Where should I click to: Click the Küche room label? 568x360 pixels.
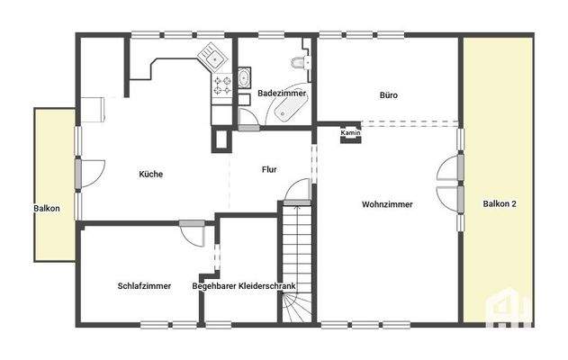click(x=151, y=174)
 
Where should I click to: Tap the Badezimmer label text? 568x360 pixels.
click(x=282, y=94)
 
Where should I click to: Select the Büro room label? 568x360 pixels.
click(x=388, y=94)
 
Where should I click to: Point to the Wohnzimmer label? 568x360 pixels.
click(x=387, y=204)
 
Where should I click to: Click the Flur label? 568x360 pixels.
click(x=269, y=169)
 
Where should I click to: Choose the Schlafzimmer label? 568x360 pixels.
click(x=145, y=286)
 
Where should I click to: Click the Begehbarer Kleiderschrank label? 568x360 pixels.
click(x=244, y=286)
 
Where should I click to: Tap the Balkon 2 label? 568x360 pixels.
click(x=500, y=204)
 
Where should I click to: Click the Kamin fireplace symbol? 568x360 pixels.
click(x=351, y=134)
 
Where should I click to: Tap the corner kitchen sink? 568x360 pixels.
click(x=212, y=57)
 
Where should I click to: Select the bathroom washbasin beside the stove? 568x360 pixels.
click(x=244, y=80)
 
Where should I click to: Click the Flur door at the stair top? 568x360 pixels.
click(x=298, y=192)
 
